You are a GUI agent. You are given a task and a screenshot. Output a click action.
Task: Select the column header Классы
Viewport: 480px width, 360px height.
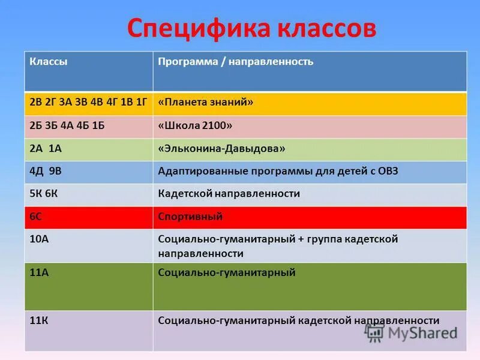coord(49,62)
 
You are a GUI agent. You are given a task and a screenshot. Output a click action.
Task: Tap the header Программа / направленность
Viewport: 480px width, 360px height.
coord(235,62)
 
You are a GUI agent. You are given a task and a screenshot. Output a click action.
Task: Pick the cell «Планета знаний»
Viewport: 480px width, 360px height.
coord(205,103)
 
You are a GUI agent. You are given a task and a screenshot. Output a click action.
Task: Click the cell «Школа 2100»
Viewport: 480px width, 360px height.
coord(195,125)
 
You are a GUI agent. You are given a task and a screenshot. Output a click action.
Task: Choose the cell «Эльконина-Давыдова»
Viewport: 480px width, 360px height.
coord(221,148)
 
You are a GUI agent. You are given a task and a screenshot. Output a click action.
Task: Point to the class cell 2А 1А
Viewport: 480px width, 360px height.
coord(46,148)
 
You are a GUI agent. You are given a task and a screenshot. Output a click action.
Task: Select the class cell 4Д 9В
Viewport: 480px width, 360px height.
coord(46,171)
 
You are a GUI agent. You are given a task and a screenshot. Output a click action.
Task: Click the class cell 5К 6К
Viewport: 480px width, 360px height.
coord(45,194)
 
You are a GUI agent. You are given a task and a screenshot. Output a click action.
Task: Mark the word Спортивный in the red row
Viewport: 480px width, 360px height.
coord(190,217)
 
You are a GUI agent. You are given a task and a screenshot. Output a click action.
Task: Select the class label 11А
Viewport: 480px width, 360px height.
coord(39,273)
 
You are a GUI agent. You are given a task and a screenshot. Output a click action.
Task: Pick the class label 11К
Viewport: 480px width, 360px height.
coord(39,320)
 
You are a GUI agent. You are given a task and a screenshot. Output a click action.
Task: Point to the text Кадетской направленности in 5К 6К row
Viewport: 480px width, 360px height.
coord(229,194)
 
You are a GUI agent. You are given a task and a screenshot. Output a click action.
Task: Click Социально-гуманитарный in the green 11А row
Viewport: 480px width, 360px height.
coord(227,273)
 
